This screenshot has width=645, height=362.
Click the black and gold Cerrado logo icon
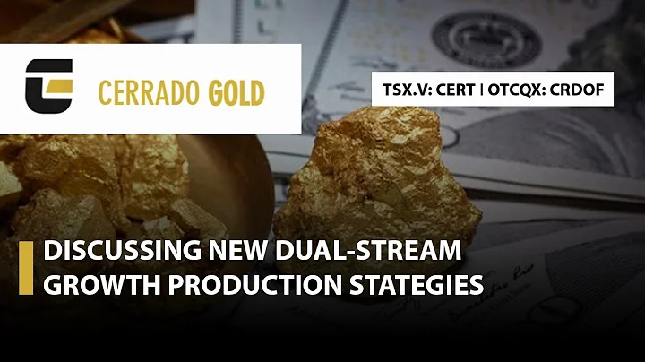tap(49, 86)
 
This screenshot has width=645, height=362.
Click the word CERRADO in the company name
tap(149, 93)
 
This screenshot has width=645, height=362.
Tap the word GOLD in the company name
tap(236, 93)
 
